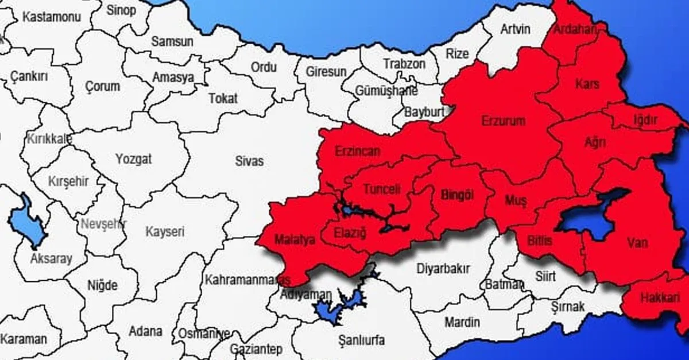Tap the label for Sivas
pos(250,161)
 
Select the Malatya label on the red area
pos(295,240)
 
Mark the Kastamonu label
pos(51,17)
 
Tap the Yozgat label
pos(133,159)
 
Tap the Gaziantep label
pos(256,349)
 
